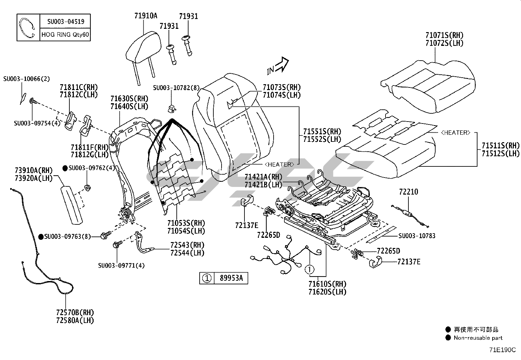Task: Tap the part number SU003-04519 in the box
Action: pyautogui.click(x=65, y=22)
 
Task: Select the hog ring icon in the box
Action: pyautogui.click(x=27, y=28)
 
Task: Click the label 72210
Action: pyautogui.click(x=408, y=192)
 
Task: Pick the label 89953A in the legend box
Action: pyautogui.click(x=231, y=278)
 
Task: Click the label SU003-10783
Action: pyautogui.click(x=417, y=236)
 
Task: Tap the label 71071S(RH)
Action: pyautogui.click(x=444, y=35)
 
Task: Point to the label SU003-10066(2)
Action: pyautogui.click(x=27, y=79)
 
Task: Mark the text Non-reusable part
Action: pyautogui.click(x=478, y=338)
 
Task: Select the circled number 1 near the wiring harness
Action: pyautogui.click(x=310, y=270)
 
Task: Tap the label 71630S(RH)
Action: pyautogui.click(x=129, y=99)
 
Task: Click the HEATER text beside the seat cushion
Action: pyautogui.click(x=456, y=133)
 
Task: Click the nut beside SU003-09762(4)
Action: pyautogui.click(x=88, y=188)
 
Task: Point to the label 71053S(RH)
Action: pyautogui.click(x=186, y=223)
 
